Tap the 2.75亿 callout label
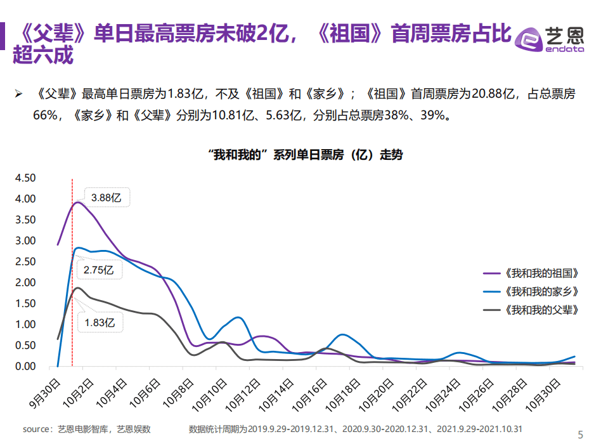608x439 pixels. pyautogui.click(x=99, y=270)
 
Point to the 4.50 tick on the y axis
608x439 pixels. pyautogui.click(x=26, y=178)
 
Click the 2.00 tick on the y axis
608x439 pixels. pyautogui.click(x=26, y=282)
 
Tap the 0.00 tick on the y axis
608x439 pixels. pyautogui.click(x=26, y=366)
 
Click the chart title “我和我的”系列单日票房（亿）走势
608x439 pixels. pyautogui.click(x=304, y=155)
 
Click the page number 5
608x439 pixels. pyautogui.click(x=581, y=434)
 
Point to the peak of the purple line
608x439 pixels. pyautogui.click(x=78, y=202)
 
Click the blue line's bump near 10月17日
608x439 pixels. pyautogui.click(x=342, y=334)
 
